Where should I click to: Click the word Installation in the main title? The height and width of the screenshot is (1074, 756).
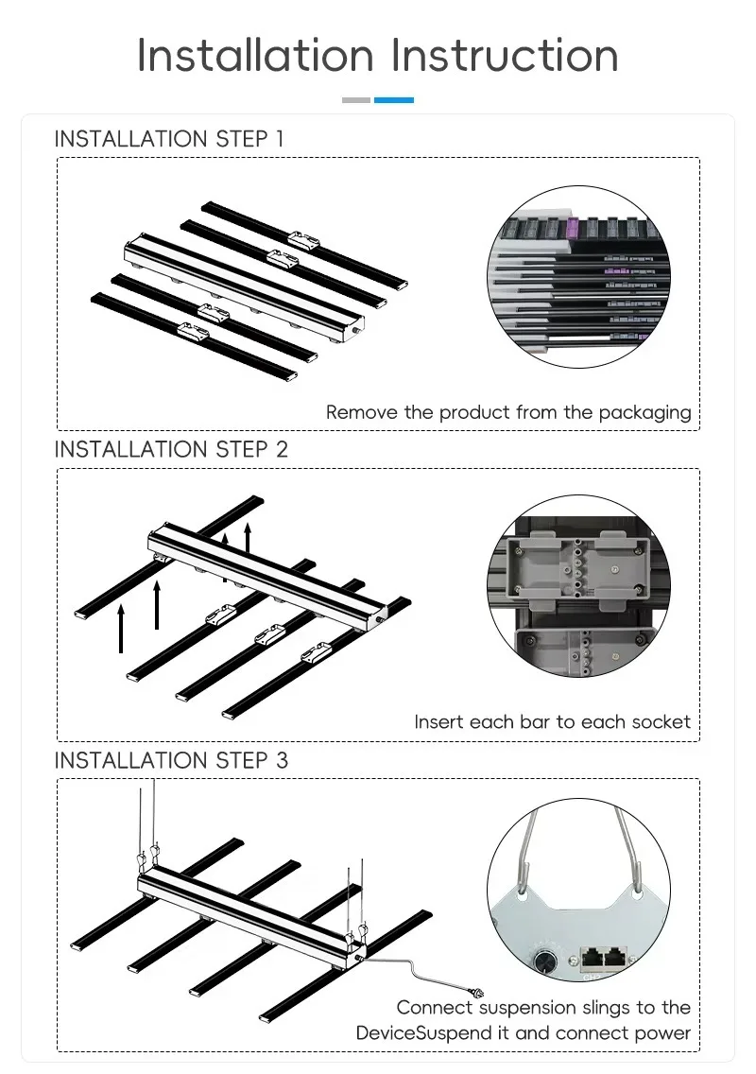(255, 55)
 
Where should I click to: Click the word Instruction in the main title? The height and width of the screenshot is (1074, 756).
(505, 55)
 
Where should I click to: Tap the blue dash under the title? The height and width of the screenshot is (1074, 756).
(394, 100)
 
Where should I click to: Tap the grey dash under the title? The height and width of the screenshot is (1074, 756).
(356, 100)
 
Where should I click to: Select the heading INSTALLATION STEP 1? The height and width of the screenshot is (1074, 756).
(168, 139)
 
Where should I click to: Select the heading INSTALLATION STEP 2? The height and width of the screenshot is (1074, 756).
(171, 449)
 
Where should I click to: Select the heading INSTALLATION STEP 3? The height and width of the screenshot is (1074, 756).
(171, 760)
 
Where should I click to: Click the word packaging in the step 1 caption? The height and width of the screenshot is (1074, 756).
(644, 413)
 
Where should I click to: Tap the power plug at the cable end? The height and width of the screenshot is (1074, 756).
(476, 991)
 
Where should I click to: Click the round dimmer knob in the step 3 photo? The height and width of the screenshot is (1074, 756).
(545, 961)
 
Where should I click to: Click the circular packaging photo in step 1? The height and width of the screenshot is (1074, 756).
(578, 277)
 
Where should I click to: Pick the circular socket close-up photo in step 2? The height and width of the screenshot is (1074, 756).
(578, 586)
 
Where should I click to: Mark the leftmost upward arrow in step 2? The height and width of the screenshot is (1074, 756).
(121, 628)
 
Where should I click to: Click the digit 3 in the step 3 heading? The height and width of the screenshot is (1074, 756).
(283, 760)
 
